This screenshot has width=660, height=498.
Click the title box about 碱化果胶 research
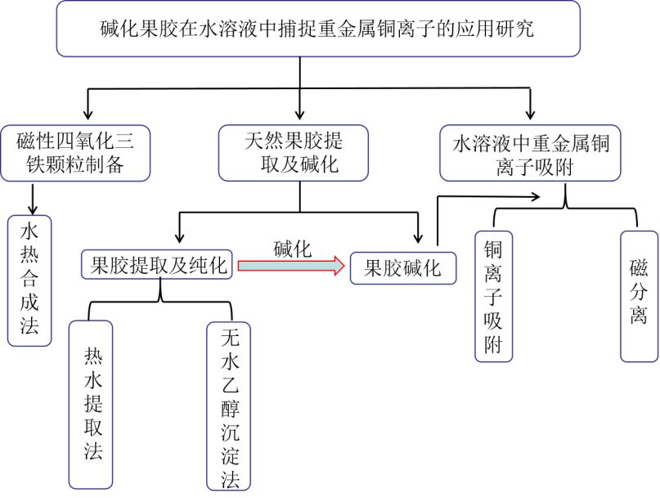(318, 29)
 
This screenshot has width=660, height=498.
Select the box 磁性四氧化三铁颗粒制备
(75, 153)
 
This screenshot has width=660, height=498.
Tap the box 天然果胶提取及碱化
(293, 153)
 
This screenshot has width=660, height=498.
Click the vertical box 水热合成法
(29, 280)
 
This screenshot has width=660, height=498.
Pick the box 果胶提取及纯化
(158, 264)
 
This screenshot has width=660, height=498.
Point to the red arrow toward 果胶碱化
(290, 266)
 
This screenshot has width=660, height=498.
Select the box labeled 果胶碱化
(402, 268)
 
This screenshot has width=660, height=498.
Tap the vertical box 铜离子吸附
(493, 296)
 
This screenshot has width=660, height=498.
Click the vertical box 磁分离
(639, 296)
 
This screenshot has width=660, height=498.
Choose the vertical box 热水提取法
(91, 404)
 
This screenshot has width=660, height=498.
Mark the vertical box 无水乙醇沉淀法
(229, 406)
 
